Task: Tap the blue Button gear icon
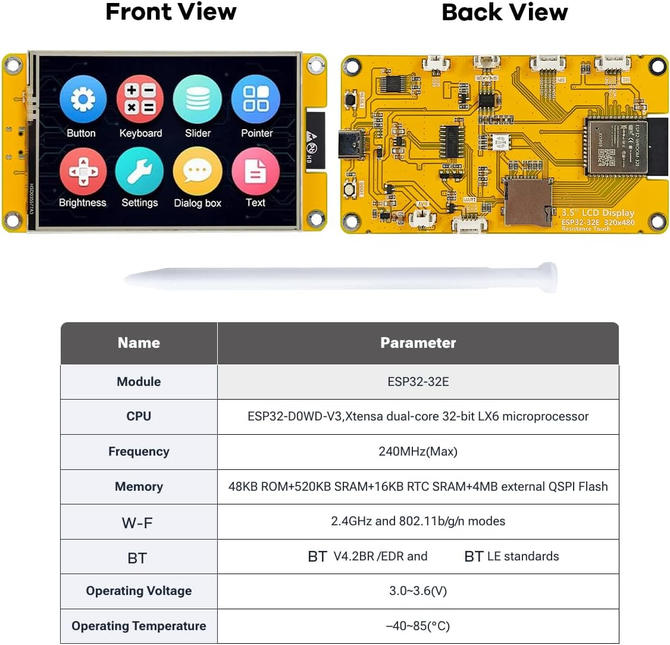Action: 83,99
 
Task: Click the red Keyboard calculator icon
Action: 140,99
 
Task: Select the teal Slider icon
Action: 198,99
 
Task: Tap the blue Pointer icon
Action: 256,99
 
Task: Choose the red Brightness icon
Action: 83,172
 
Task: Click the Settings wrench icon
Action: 139,172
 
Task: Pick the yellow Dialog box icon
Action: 198,172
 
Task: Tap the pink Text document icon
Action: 255,172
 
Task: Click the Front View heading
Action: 171,12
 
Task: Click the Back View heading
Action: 505,12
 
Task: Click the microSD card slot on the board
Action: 527,202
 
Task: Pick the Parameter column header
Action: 418,343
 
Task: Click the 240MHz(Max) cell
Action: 418,451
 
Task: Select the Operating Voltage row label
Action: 139,591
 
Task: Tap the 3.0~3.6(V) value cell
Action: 418,591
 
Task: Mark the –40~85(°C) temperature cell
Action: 418,626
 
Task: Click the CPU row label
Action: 139,416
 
